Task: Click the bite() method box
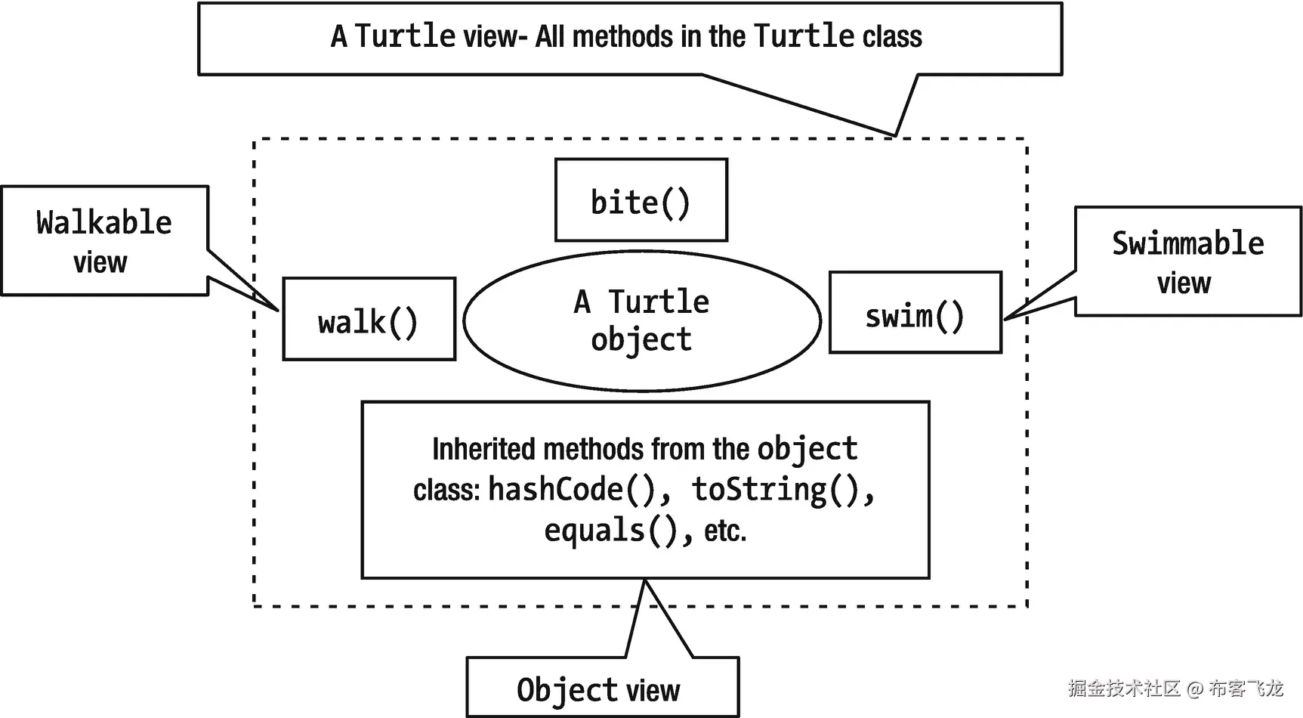tap(641, 201)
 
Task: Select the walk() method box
tap(369, 320)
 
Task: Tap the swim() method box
tap(915, 313)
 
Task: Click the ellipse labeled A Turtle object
tap(642, 320)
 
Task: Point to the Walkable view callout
tap(104, 240)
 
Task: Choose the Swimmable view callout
tap(1187, 261)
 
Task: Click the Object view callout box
tap(602, 688)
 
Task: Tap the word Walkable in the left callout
tap(104, 222)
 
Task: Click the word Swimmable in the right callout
tap(1187, 243)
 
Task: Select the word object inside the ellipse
tap(641, 339)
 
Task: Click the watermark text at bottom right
tap(1175, 688)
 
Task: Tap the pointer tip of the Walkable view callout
tap(277, 309)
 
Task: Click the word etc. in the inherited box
tap(725, 531)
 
